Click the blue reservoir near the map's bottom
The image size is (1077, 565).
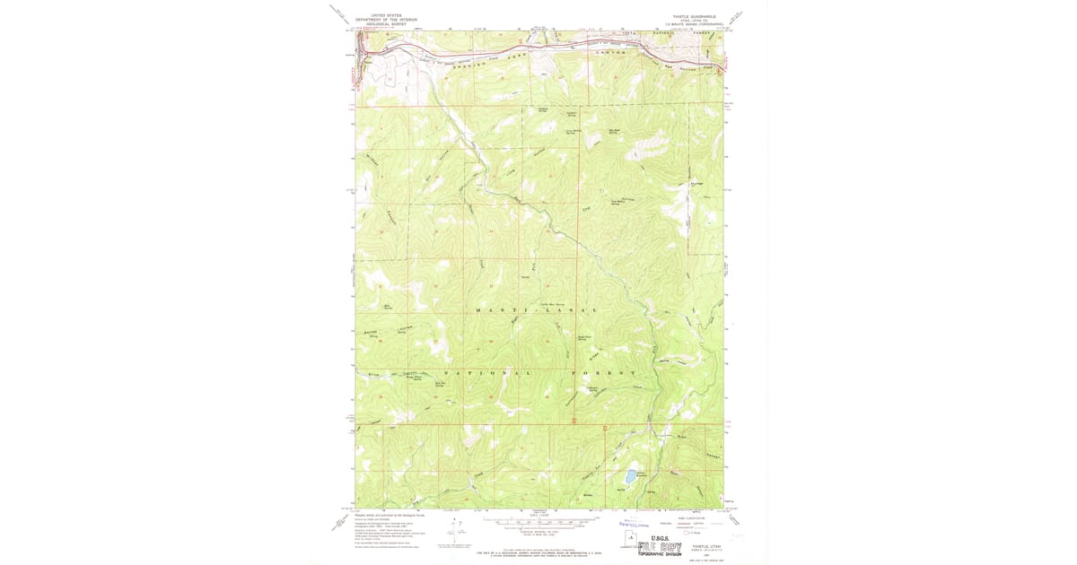tap(631, 475)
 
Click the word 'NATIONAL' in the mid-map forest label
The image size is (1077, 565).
tap(485, 372)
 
